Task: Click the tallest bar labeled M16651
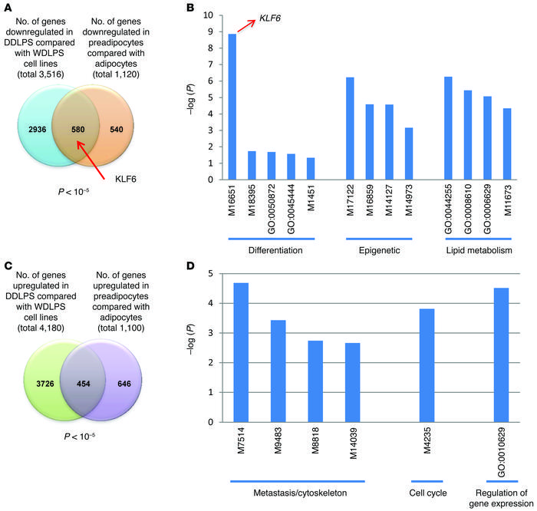232,107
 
